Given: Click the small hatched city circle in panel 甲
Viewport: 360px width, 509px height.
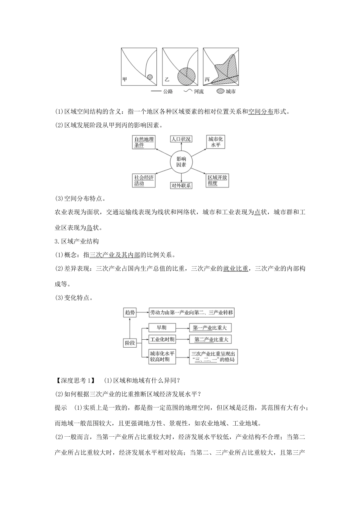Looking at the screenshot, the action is pos(150,77).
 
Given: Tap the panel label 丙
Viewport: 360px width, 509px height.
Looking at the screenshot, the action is pos(207,80).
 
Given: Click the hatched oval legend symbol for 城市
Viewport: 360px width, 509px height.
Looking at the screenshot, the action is pos(220,92).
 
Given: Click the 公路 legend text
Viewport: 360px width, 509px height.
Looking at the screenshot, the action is pos(168,92).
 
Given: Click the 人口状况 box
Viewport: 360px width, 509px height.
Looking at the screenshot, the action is pos(181,139).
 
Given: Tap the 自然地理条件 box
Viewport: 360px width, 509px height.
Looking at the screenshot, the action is pos(144,142).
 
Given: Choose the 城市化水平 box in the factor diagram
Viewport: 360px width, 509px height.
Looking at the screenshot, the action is pos(216,142).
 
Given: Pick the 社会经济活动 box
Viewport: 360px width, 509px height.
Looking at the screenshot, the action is pos(144,180).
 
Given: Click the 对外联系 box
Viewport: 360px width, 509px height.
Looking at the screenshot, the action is pos(181,186).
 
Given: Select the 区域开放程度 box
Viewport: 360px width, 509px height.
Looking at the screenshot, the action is pos(217,180).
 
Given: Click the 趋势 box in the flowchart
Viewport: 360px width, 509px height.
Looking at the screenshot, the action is pos(130,312).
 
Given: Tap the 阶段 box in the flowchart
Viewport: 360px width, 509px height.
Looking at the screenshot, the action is pos(130,343).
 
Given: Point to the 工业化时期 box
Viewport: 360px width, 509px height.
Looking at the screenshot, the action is pos(162,339).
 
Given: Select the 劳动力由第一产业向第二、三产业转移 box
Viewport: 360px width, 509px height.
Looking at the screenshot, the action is pos(192,312).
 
